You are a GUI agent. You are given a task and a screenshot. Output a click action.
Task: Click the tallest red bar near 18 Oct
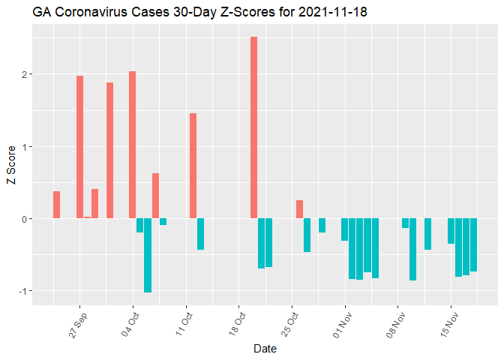click(x=253, y=127)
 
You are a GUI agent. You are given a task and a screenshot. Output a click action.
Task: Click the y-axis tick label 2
click(x=25, y=74)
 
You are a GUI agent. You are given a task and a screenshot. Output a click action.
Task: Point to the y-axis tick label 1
click(x=25, y=147)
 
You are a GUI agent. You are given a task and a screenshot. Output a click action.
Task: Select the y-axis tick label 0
click(x=25, y=219)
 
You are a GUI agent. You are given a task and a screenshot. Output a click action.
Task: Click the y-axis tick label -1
click(x=23, y=291)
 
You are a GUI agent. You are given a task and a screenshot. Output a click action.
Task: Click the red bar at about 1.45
click(x=193, y=166)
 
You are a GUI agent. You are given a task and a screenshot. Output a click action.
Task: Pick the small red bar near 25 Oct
click(x=299, y=209)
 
